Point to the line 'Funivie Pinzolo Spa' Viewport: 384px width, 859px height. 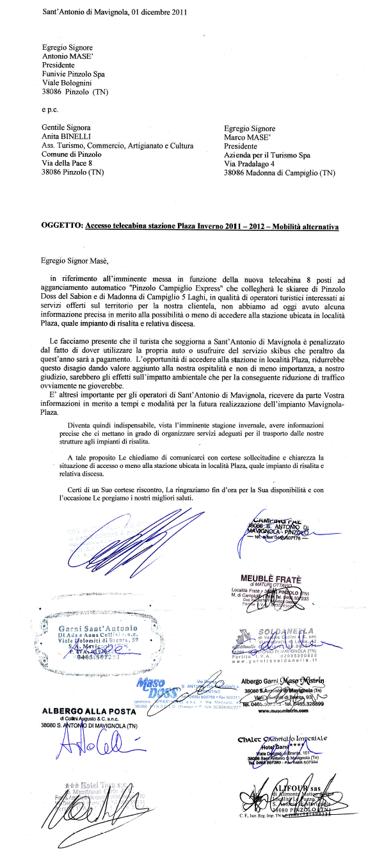(74, 74)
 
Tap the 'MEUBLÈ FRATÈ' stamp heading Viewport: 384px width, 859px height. (271, 579)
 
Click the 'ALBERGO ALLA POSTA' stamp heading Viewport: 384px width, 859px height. (89, 711)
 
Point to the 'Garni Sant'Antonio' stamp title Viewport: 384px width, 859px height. (97, 628)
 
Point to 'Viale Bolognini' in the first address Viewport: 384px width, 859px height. (68, 83)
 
